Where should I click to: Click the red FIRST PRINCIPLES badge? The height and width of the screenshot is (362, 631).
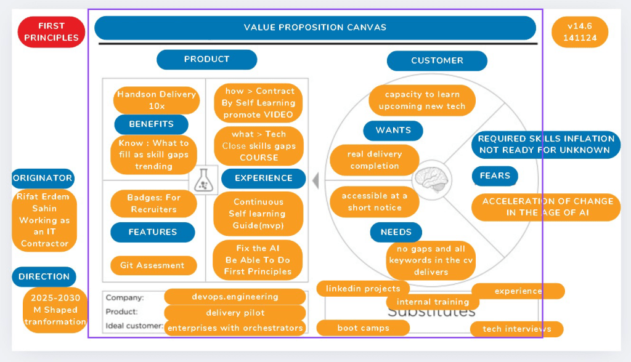point(51,32)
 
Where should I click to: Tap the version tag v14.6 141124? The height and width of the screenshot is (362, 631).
point(579,32)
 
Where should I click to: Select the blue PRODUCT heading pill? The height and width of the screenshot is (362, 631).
point(207,60)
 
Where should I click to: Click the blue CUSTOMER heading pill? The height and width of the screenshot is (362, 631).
point(437,61)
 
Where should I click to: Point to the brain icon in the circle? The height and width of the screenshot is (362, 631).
point(431,180)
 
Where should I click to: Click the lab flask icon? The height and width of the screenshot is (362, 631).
point(203,180)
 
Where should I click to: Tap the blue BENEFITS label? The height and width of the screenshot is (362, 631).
point(152,124)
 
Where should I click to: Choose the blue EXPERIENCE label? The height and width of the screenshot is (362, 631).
point(264,178)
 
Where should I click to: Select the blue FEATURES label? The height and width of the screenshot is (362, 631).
point(153,232)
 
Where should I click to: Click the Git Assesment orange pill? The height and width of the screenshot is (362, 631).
point(153,265)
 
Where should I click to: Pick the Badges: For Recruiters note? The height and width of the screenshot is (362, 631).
point(153,204)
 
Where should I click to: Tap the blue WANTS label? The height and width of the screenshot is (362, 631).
point(393,131)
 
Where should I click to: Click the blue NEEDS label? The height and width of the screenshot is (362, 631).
point(396,232)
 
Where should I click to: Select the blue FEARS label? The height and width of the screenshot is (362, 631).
point(495,176)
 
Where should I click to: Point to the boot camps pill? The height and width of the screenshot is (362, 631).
point(363,328)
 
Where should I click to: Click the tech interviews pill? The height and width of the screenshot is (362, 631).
point(517,329)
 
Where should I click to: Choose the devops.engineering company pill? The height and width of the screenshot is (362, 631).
point(235,297)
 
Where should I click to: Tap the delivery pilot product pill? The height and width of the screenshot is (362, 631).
point(235,313)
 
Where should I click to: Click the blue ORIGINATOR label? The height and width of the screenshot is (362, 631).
point(43,178)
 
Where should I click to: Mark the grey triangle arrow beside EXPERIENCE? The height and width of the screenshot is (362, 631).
point(316,180)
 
